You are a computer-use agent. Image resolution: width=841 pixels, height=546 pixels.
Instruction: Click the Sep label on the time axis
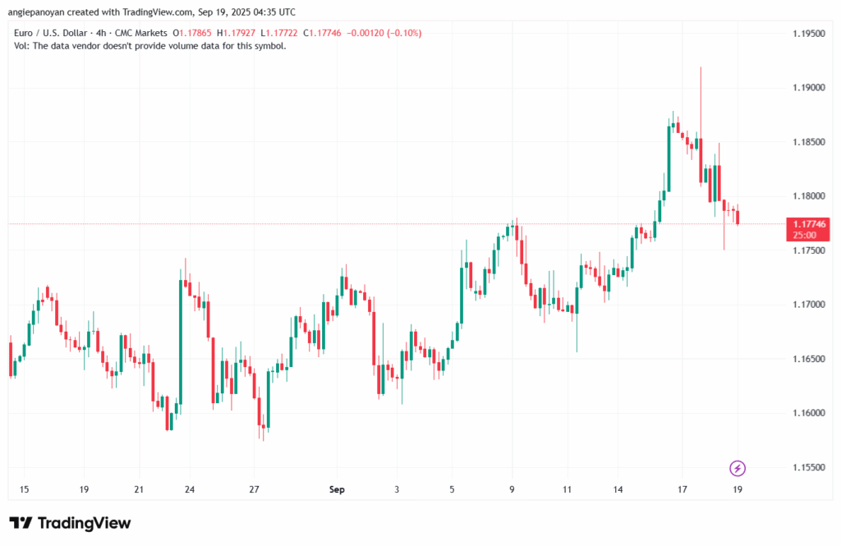click(x=337, y=490)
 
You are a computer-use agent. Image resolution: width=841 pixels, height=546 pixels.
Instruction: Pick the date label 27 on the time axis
click(x=255, y=490)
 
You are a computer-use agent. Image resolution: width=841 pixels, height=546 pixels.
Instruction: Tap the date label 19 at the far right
click(x=738, y=490)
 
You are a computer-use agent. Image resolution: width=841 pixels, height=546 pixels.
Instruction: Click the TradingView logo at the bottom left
click(x=70, y=523)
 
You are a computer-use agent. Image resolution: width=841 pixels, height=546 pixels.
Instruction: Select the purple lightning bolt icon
click(x=738, y=468)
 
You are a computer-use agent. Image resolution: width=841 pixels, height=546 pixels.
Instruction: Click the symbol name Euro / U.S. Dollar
click(x=52, y=33)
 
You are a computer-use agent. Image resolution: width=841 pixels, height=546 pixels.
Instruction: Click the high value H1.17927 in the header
click(x=236, y=33)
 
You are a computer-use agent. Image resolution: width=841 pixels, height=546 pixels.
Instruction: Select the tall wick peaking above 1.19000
click(x=701, y=90)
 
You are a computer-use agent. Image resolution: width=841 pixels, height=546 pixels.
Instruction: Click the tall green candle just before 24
click(x=181, y=341)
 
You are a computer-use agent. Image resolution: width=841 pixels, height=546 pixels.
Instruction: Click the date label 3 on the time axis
click(x=398, y=490)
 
